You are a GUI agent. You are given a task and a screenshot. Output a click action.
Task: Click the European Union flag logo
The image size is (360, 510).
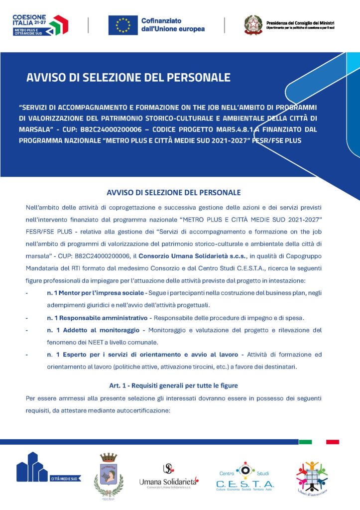(122, 25)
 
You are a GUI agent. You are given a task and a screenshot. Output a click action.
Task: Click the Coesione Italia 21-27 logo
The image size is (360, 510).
(40, 25)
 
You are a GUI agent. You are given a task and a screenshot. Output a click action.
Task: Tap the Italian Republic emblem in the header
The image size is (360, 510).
(252, 25)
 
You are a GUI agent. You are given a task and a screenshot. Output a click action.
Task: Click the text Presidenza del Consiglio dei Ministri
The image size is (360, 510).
(300, 23)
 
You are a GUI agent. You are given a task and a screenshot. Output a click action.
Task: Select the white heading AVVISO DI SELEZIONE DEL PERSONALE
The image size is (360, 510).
(128, 78)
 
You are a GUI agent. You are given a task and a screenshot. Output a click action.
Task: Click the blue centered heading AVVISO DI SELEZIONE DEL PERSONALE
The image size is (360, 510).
(174, 192)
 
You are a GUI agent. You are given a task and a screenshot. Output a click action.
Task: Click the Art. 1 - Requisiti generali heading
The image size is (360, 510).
(173, 385)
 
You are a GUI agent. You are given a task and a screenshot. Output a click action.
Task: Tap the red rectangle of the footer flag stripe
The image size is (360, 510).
(333, 442)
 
